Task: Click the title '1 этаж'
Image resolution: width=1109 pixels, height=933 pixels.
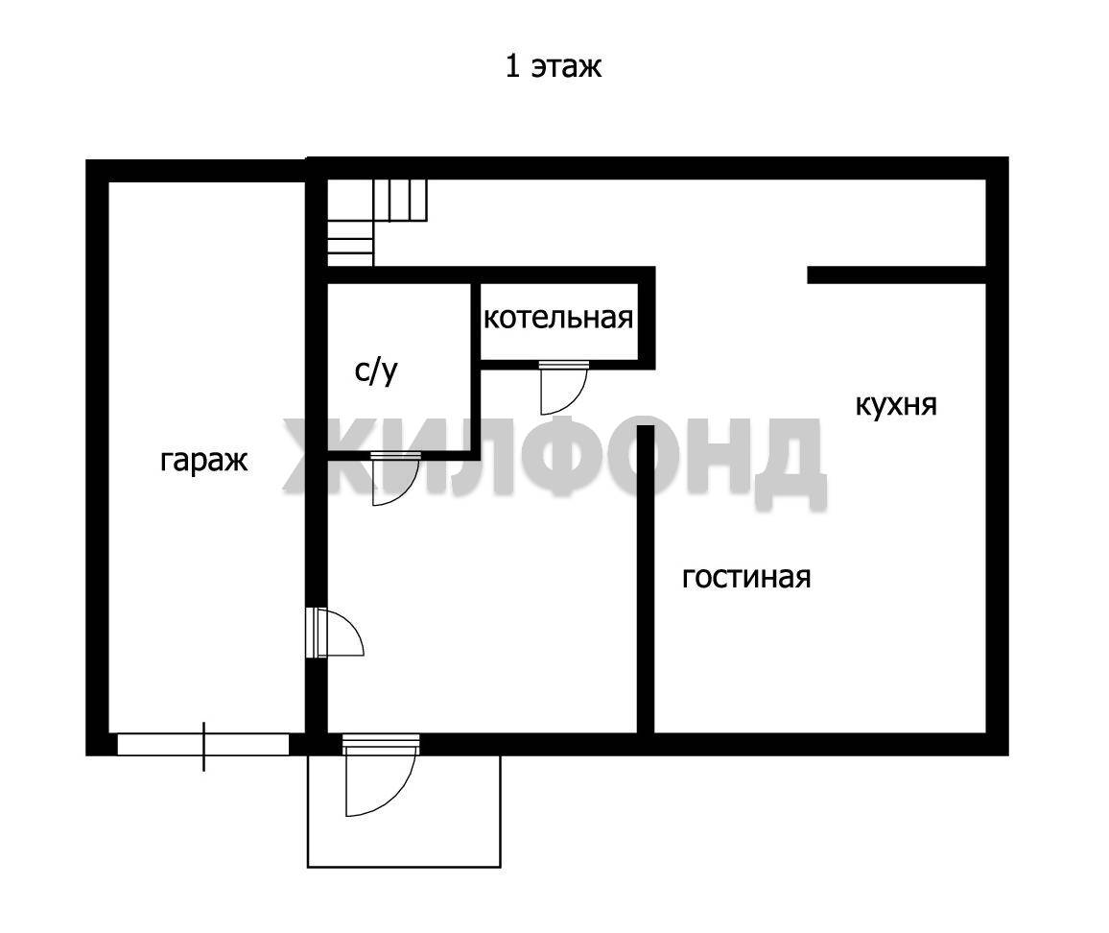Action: click(554, 66)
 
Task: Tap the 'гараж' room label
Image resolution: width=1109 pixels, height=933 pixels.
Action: click(203, 461)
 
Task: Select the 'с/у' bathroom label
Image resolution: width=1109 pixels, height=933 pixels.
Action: click(376, 371)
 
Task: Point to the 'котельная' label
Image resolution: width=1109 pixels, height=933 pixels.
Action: click(558, 318)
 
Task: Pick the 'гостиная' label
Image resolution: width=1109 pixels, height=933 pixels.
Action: click(746, 578)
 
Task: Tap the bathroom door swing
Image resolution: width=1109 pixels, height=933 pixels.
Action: click(395, 479)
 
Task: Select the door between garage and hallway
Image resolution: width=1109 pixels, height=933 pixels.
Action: click(335, 633)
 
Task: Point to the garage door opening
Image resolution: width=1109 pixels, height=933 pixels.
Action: click(203, 745)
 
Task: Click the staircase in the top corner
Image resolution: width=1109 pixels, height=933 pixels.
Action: click(377, 222)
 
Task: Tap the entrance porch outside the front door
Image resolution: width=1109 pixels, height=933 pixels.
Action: click(404, 811)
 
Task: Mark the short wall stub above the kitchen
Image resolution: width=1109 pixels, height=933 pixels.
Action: click(897, 275)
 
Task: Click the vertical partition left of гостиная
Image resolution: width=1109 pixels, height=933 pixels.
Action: click(645, 579)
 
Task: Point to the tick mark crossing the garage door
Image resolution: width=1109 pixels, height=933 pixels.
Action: click(203, 746)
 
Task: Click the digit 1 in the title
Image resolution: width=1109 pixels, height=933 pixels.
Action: click(512, 66)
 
